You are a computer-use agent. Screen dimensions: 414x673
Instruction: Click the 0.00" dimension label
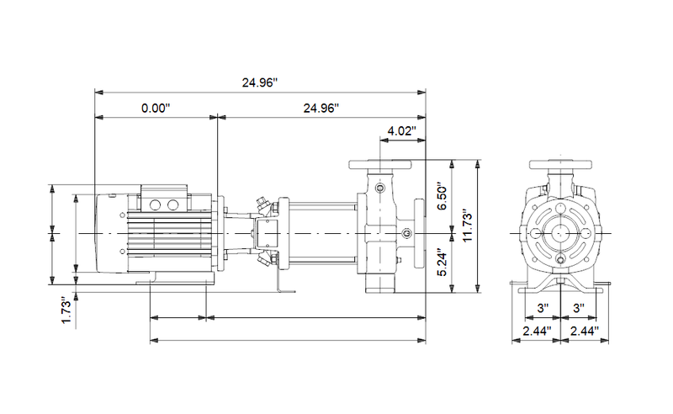[x=156, y=109]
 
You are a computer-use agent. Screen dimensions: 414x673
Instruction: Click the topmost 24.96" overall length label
[x=260, y=82]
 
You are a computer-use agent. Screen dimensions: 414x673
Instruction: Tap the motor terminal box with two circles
[x=163, y=203]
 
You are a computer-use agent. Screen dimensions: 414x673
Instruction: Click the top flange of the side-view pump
[x=379, y=166]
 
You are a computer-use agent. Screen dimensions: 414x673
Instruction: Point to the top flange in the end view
[x=560, y=165]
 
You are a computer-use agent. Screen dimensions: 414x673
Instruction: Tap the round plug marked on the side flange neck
[x=407, y=233]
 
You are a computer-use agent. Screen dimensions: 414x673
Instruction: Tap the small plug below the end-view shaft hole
[x=560, y=276]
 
